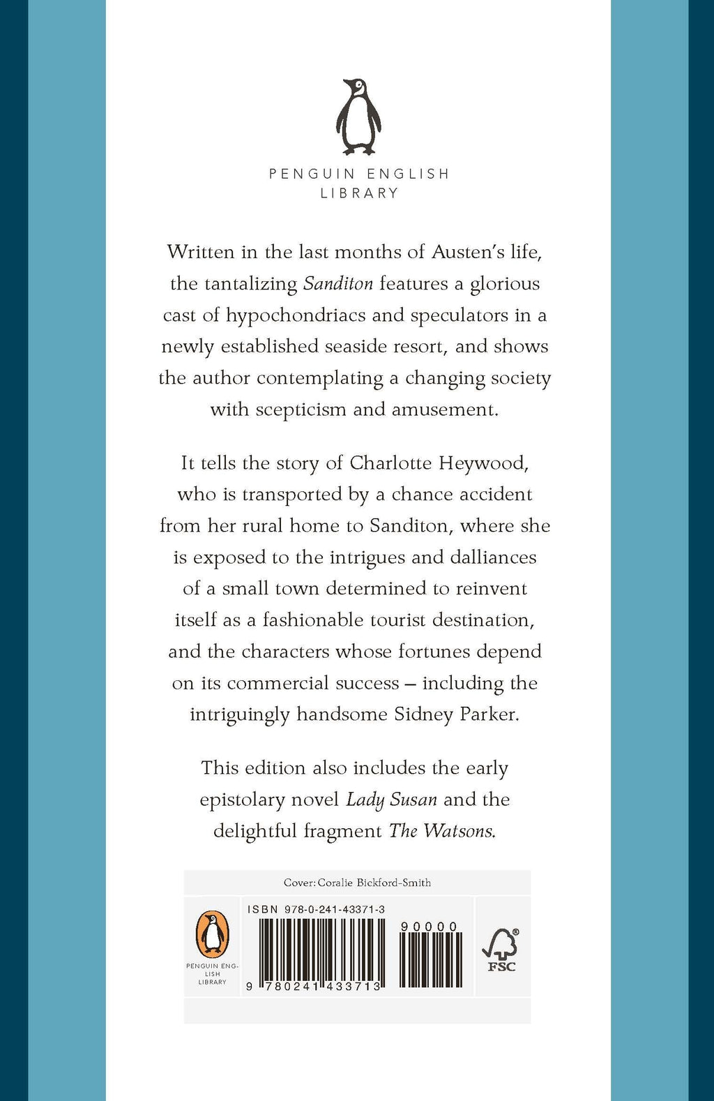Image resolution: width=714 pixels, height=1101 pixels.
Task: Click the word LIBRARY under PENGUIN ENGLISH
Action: tap(359, 193)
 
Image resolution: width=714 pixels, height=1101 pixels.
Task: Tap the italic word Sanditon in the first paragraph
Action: tap(338, 284)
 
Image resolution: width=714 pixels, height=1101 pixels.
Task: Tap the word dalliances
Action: tap(493, 557)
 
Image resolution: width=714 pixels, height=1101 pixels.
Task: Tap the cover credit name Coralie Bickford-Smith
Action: tap(374, 883)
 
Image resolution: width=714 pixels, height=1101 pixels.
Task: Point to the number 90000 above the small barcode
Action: tap(430, 927)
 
